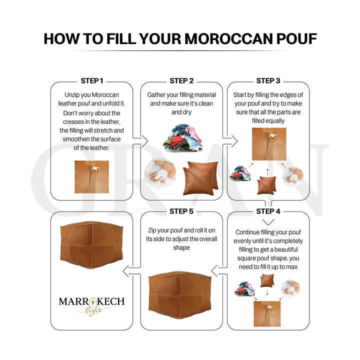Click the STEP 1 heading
coord(92,80)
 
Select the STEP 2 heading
coord(181,80)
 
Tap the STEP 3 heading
coord(268,80)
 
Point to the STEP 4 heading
coord(268,211)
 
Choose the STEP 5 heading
coord(181,211)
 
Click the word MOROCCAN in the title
coord(218,38)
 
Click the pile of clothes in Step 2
coord(181,137)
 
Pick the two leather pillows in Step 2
coord(200,178)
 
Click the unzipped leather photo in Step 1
coord(91,176)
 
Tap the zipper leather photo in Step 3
coord(268,144)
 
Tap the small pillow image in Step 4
coord(267,281)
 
